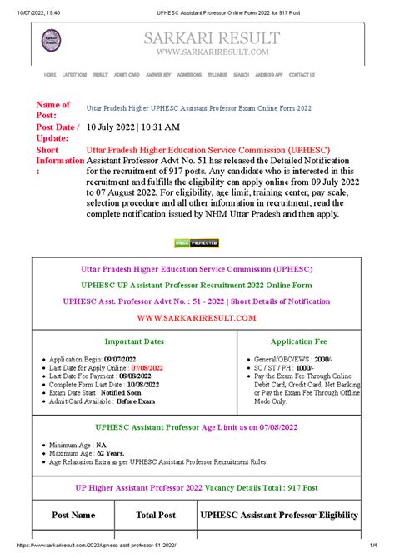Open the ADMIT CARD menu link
(127, 75)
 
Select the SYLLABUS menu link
(217, 75)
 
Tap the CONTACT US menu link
(301, 75)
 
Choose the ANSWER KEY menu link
(158, 75)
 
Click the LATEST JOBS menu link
(75, 75)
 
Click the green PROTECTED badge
(197, 243)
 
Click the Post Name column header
(73, 516)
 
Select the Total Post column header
(156, 516)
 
